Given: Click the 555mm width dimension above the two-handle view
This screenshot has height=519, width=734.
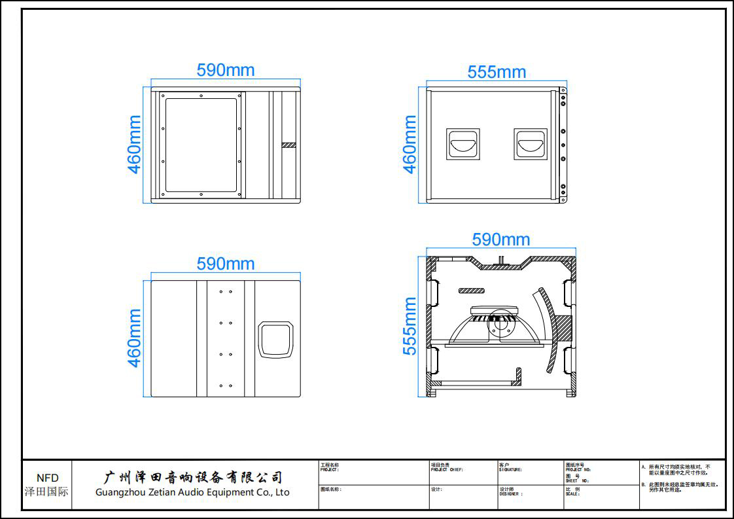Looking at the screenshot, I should click(x=497, y=72).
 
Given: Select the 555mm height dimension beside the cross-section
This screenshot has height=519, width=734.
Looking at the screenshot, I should click(x=410, y=326).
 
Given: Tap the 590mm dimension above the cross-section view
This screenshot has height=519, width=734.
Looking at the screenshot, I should click(x=501, y=240).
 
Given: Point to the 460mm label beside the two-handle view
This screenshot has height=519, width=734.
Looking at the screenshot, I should click(x=410, y=145).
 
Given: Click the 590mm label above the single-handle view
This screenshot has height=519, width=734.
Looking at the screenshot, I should click(x=226, y=264).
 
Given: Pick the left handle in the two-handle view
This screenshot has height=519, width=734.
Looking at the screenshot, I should click(x=463, y=145).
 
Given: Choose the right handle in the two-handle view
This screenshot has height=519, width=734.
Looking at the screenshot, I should click(x=530, y=145).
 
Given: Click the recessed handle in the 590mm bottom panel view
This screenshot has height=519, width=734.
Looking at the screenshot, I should click(x=277, y=339).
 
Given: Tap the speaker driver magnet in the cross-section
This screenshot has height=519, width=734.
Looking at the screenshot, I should click(x=500, y=322).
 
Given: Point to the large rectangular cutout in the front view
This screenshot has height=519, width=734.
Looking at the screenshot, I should click(x=200, y=145).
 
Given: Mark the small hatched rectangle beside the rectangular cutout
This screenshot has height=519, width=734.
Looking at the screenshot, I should click(x=289, y=145).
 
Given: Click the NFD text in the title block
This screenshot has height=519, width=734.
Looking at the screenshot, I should click(x=47, y=478).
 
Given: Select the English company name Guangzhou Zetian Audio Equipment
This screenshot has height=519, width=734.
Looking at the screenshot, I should click(x=192, y=492).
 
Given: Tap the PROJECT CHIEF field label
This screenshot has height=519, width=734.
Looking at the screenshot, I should click(x=447, y=468).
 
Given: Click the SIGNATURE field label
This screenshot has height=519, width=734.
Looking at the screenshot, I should click(x=510, y=468).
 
